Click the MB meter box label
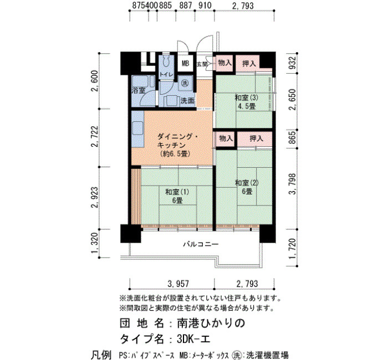point(185,64)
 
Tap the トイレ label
point(166,74)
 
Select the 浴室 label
point(139,90)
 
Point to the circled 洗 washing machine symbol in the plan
point(185,83)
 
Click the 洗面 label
point(187,101)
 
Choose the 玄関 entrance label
point(202,64)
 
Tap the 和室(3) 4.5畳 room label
point(247,101)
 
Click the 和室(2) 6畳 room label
point(247,187)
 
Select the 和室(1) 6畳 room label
point(177,196)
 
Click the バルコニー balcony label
point(201,244)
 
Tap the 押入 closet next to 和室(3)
point(249,64)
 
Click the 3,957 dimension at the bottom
point(178,284)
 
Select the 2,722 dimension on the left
point(95,136)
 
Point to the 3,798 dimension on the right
point(293,184)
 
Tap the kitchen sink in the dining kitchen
point(137,128)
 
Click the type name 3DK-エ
point(193,339)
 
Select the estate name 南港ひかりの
point(211,323)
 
